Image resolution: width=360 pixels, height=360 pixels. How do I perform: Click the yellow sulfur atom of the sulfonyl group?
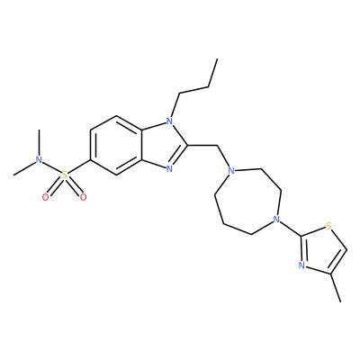(x=65, y=175)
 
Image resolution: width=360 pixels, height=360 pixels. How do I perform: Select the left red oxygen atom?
(x=46, y=197)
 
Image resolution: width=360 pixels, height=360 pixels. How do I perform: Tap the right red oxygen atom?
(x=83, y=197)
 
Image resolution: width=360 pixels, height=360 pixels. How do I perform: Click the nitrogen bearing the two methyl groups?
(x=39, y=160)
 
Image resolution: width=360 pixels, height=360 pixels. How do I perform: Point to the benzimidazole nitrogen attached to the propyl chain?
(x=170, y=121)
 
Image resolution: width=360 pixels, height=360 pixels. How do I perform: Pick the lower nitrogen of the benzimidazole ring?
(x=170, y=169)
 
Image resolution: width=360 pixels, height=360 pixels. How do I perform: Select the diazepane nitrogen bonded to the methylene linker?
(x=230, y=171)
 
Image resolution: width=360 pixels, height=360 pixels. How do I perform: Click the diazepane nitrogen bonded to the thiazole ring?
(x=276, y=220)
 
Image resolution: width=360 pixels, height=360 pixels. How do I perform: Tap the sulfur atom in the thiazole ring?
(x=328, y=225)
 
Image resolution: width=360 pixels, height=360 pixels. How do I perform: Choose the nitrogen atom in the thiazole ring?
(x=301, y=265)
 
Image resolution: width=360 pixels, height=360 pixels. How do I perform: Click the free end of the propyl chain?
(x=217, y=59)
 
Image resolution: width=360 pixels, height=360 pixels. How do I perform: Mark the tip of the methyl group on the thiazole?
(x=340, y=301)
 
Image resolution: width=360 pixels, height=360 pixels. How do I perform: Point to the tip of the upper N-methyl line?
(x=39, y=130)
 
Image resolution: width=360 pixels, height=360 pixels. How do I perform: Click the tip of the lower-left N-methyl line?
(x=14, y=175)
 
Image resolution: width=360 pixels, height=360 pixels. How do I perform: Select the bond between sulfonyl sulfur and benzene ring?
(x=79, y=167)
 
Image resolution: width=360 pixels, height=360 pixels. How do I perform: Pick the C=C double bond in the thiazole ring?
(x=339, y=261)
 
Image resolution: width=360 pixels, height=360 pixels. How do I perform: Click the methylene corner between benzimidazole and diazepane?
(x=217, y=146)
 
